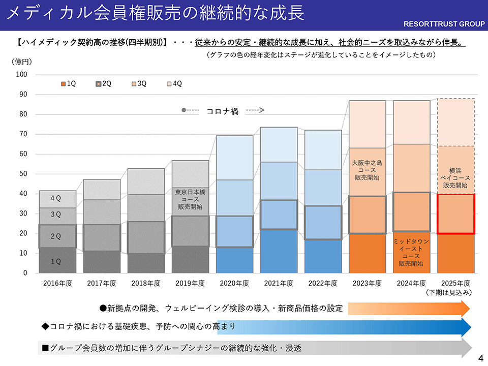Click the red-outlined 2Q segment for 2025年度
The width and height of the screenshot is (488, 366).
click(x=456, y=213)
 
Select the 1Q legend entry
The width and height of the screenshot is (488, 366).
click(x=68, y=83)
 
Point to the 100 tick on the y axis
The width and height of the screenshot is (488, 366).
click(x=21, y=75)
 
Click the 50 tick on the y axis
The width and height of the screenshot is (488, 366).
click(x=23, y=174)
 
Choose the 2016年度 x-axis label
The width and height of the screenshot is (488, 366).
click(x=57, y=283)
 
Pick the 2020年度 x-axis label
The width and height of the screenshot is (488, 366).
click(x=234, y=283)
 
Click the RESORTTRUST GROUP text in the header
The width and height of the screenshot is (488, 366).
click(x=443, y=24)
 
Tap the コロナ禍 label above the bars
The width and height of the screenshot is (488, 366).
click(x=222, y=111)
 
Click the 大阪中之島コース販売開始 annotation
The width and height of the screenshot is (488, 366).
click(x=367, y=170)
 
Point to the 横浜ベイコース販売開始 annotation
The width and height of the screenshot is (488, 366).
click(x=455, y=178)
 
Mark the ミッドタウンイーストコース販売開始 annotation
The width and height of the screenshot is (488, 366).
click(x=411, y=253)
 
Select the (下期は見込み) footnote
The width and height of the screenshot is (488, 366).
click(x=450, y=292)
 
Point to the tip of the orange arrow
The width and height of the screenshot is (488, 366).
click(x=470, y=309)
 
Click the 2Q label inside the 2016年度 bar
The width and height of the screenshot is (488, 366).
click(x=56, y=236)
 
